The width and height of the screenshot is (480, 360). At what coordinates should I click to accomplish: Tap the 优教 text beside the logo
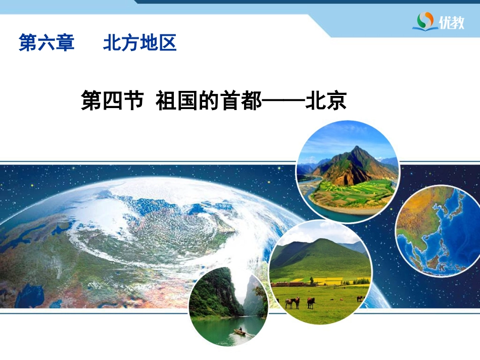[x=451, y=23]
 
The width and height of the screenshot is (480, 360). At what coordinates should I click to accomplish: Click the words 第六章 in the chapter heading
[x=46, y=43]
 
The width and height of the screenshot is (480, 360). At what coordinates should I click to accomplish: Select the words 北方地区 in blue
[x=139, y=43]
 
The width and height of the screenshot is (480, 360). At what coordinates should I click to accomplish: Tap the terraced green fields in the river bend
[x=349, y=194]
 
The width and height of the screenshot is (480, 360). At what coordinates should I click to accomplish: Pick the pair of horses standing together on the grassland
[x=292, y=302]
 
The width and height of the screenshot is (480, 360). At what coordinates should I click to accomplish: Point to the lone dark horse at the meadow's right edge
[x=360, y=298]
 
